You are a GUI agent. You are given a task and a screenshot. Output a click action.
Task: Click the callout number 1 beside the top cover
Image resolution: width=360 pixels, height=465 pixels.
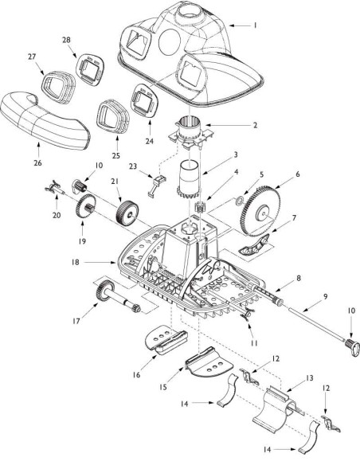pyautogui.click(x=255, y=25)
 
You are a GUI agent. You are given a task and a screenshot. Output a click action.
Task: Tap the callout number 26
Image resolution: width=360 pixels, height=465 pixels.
pyautogui.click(x=37, y=162)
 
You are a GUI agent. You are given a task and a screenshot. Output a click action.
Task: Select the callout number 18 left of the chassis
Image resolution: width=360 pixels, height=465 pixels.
pyautogui.click(x=76, y=262)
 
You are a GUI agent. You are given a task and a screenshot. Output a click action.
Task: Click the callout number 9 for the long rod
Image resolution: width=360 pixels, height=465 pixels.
pyautogui.click(x=326, y=296)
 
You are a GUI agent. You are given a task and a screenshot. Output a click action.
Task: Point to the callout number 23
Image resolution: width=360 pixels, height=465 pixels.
pyautogui.click(x=132, y=166)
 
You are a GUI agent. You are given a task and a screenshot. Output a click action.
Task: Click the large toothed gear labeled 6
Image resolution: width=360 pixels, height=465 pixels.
pyautogui.click(x=261, y=211)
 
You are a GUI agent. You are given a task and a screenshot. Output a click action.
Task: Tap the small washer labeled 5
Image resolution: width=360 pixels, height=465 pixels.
pyautogui.click(x=239, y=202)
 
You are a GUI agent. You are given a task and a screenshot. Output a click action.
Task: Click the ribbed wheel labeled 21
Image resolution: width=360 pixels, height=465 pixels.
pyautogui.click(x=127, y=213)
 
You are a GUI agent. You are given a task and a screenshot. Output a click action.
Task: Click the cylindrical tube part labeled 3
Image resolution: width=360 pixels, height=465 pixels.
pyautogui.click(x=189, y=181)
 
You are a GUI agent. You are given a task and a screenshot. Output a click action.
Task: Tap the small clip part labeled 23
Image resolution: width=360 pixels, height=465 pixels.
pyautogui.click(x=156, y=186)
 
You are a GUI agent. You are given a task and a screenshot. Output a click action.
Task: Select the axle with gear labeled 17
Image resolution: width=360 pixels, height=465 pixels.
pyautogui.click(x=118, y=296)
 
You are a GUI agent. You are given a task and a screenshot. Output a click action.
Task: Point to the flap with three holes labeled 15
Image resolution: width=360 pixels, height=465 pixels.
pyautogui.click(x=209, y=361)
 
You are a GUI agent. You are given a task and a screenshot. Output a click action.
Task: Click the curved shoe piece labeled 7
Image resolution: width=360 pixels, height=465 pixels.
pyautogui.click(x=254, y=244)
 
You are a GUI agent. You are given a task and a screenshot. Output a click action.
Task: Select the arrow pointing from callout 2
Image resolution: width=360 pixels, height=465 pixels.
pyautogui.click(x=226, y=125)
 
